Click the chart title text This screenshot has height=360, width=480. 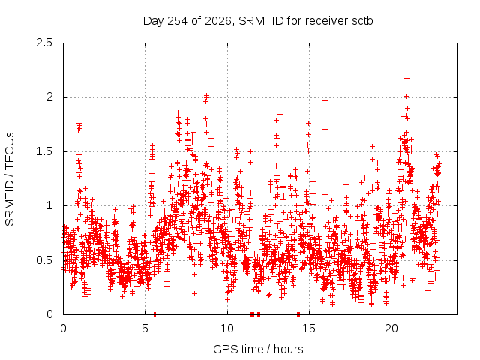(x=258, y=21)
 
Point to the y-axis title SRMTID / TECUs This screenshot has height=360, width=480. (x=10, y=179)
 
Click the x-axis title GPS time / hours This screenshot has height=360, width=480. (x=258, y=349)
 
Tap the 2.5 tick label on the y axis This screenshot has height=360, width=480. (x=44, y=43)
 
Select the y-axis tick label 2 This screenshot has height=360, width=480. (x=49, y=97)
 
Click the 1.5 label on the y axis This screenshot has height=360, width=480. (x=44, y=151)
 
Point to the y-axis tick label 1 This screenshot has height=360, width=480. (x=50, y=205)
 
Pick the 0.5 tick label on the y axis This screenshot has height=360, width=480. (x=44, y=260)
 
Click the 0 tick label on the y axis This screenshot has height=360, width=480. (x=49, y=314)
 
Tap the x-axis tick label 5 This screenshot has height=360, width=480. (x=145, y=328)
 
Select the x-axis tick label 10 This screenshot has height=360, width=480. (x=227, y=328)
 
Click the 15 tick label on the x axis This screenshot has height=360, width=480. (x=309, y=328)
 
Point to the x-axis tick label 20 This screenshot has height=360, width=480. (x=391, y=328)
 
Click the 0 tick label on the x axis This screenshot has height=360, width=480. (x=63, y=328)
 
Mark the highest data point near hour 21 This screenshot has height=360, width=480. (x=406, y=73)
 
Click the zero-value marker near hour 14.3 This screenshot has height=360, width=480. (x=298, y=314)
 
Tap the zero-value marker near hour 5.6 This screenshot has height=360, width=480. (x=155, y=314)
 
